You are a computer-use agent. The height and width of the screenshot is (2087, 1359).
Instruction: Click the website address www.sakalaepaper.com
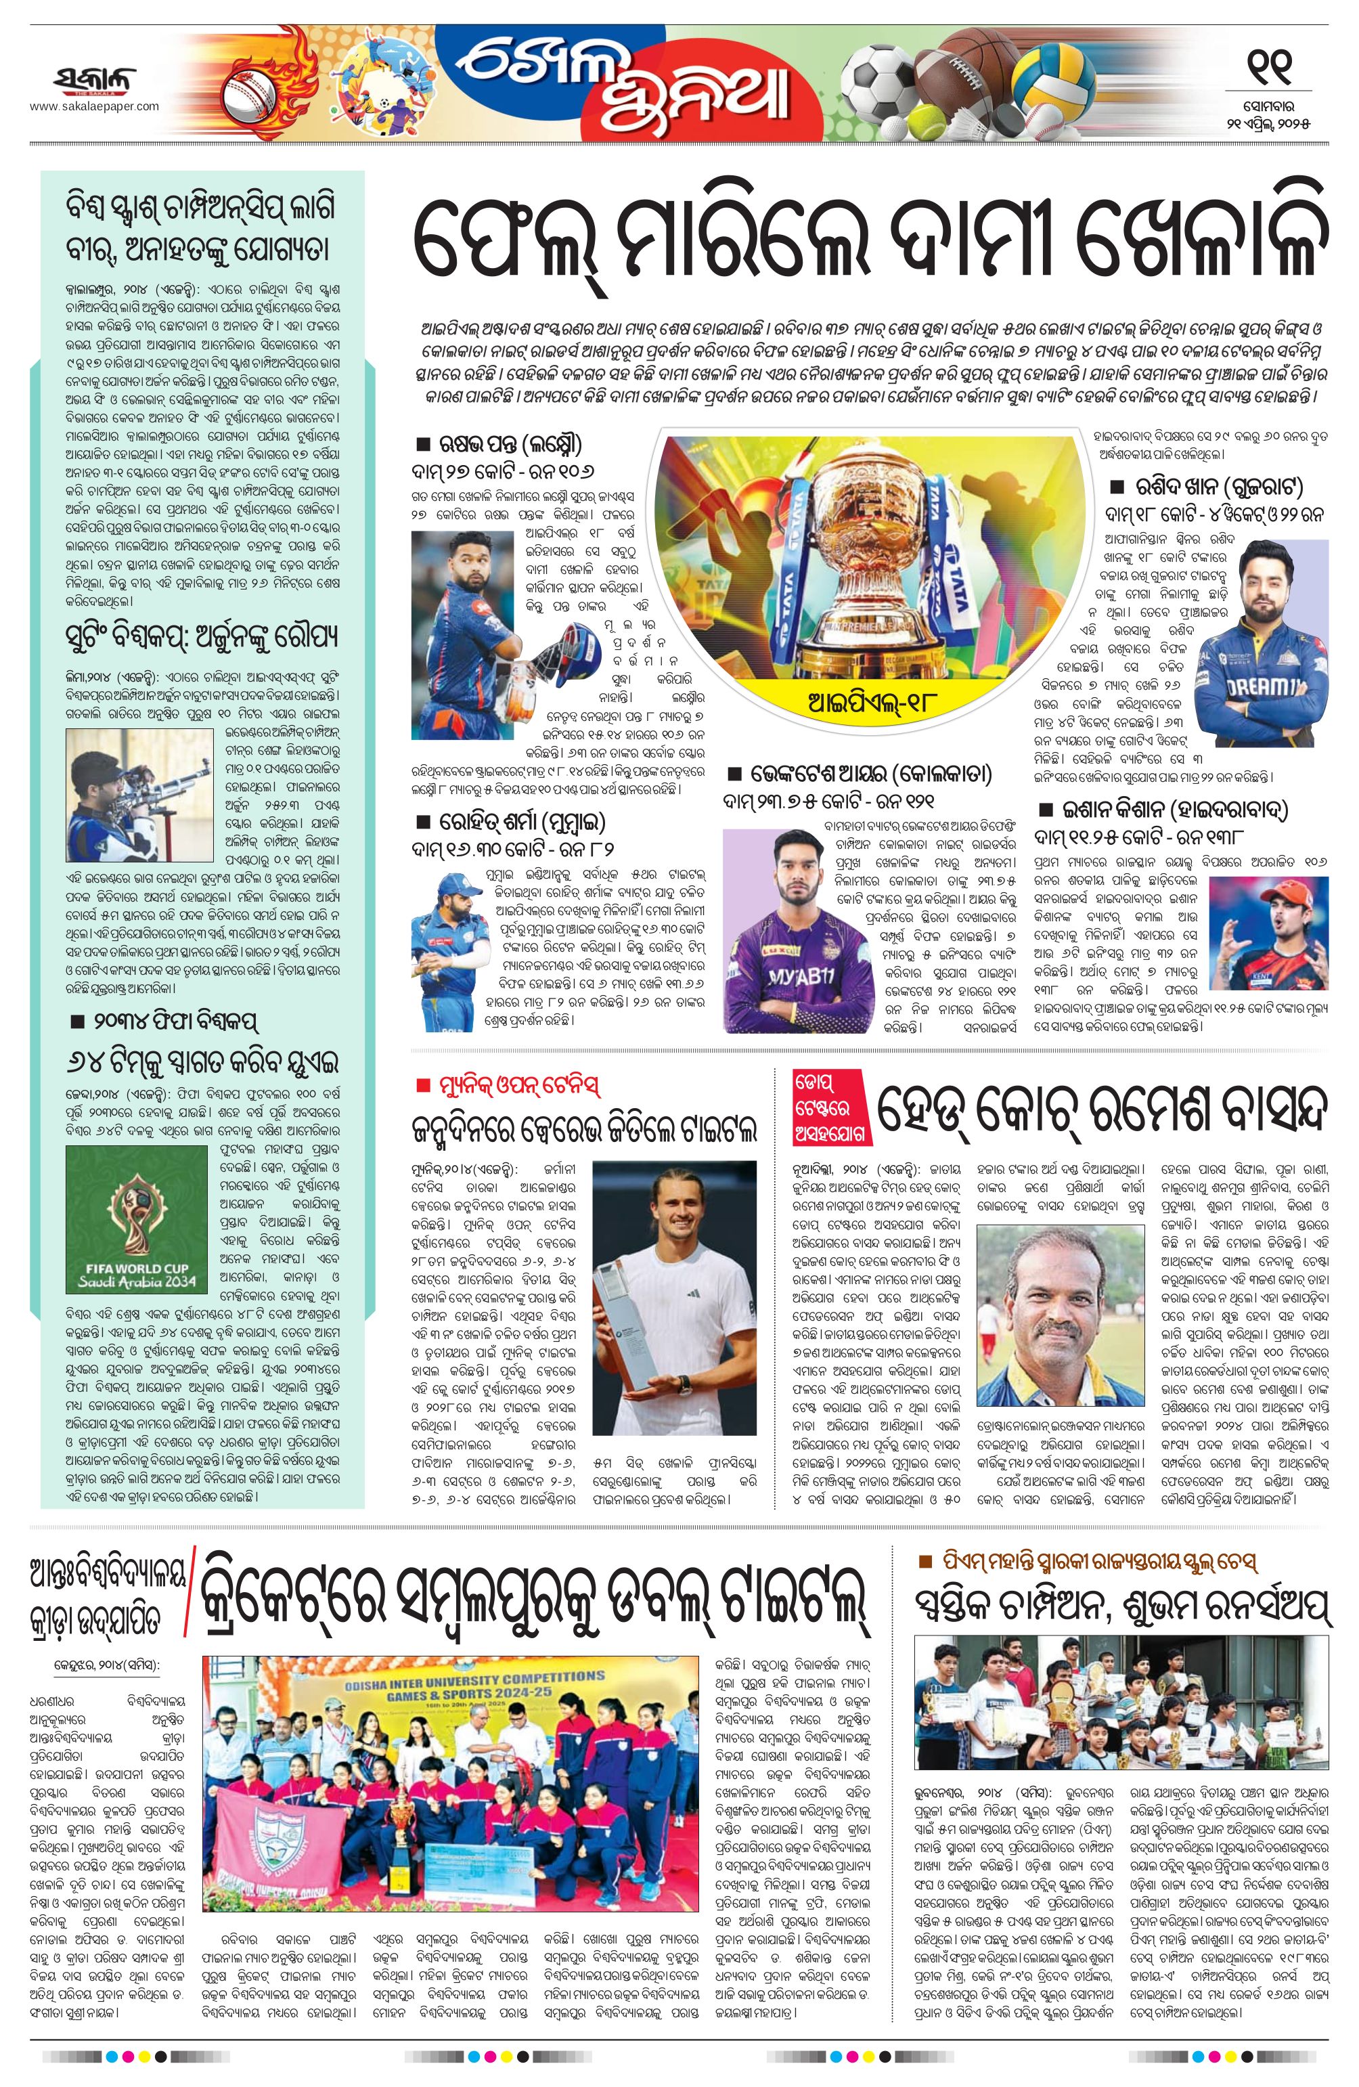[95, 107]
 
